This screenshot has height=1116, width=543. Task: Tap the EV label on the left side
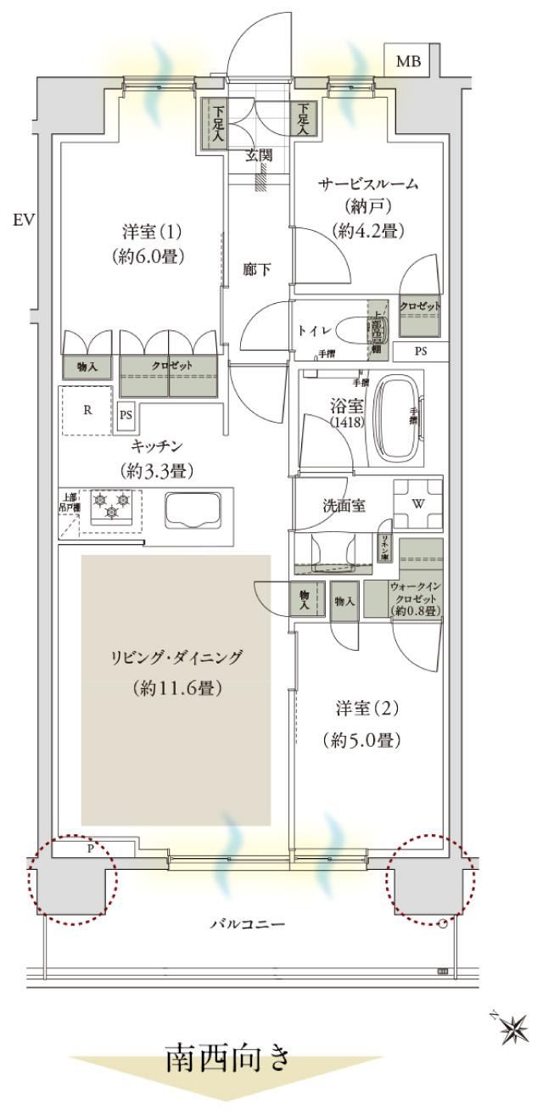tap(22, 221)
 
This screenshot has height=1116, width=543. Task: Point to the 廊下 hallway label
tap(257, 270)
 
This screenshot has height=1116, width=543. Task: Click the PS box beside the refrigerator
tap(126, 416)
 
